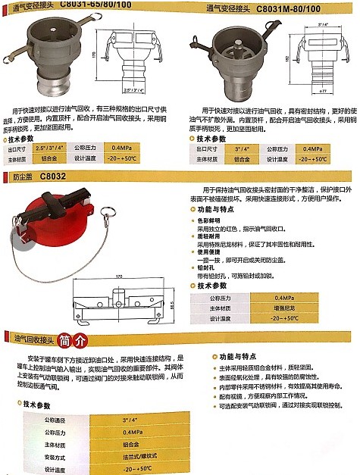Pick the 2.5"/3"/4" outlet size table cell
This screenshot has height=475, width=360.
click(x=54, y=148)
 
